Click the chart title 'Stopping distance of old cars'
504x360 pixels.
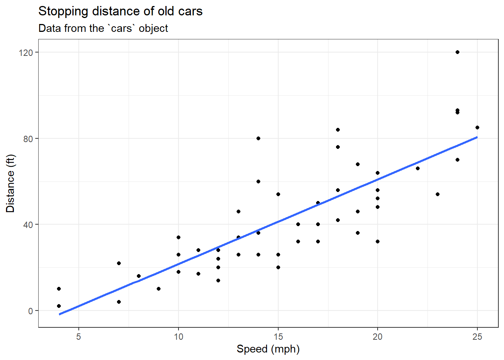[x=120, y=11]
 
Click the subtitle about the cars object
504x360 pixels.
[x=103, y=28]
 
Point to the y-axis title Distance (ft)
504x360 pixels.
[x=10, y=183]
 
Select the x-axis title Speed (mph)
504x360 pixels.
[x=268, y=349]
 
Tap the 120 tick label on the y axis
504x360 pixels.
[x=26, y=52]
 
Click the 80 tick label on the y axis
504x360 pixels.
[x=28, y=139]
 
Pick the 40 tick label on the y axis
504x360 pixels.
[x=28, y=225]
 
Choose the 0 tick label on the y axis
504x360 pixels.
[x=30, y=311]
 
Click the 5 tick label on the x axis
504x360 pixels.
[x=79, y=337]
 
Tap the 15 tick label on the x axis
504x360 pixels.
[x=278, y=337]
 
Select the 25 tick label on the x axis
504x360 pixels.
[x=477, y=337]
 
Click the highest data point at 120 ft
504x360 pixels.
[x=457, y=52]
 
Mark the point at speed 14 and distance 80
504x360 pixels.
[x=258, y=138]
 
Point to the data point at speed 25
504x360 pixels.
[x=477, y=127]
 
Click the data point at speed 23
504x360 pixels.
[x=437, y=194]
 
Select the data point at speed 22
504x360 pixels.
[x=417, y=168]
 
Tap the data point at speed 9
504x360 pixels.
[x=158, y=289]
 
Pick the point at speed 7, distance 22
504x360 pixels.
[x=118, y=263]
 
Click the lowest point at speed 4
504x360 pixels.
[x=59, y=306]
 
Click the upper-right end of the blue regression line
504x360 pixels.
[x=476, y=138]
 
